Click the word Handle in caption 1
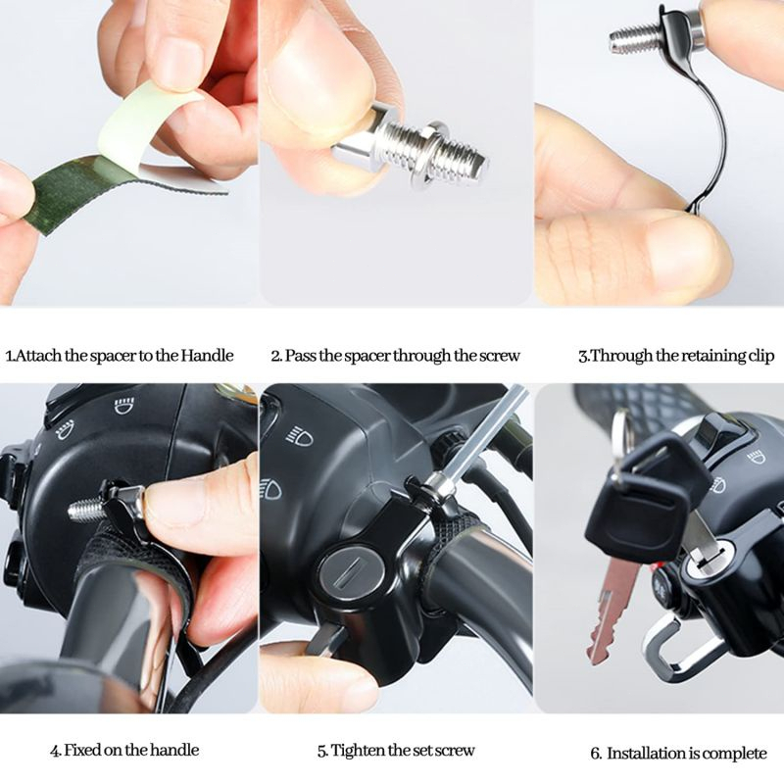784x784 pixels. (207, 356)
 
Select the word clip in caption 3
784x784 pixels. (761, 356)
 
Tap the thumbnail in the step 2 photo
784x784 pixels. (320, 75)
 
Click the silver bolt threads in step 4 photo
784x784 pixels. (86, 510)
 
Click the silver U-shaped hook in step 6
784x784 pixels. (680, 644)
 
